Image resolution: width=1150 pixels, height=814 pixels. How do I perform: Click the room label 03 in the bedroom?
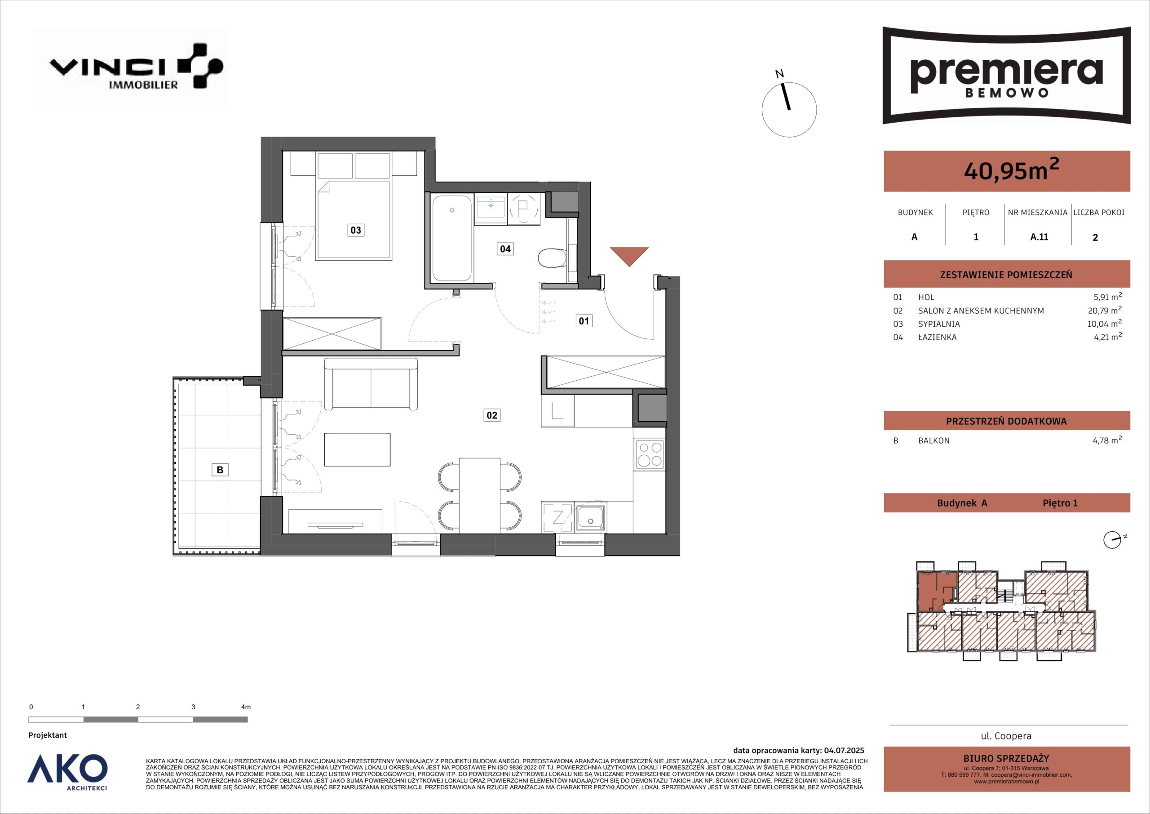(355, 230)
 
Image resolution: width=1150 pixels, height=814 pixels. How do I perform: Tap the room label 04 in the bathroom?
(505, 249)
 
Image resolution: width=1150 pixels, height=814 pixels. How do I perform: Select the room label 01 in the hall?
(584, 321)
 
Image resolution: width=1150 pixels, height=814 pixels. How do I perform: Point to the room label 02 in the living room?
(492, 415)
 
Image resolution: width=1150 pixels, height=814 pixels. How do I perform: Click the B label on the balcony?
(219, 470)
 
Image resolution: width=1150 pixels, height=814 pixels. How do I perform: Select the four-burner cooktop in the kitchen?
(649, 454)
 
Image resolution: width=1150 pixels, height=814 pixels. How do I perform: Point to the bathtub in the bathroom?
(452, 238)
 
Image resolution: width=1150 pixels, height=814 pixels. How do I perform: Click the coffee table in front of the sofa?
(357, 449)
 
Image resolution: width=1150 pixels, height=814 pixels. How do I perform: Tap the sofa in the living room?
(371, 384)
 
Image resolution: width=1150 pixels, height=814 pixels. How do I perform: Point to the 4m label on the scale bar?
(245, 707)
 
